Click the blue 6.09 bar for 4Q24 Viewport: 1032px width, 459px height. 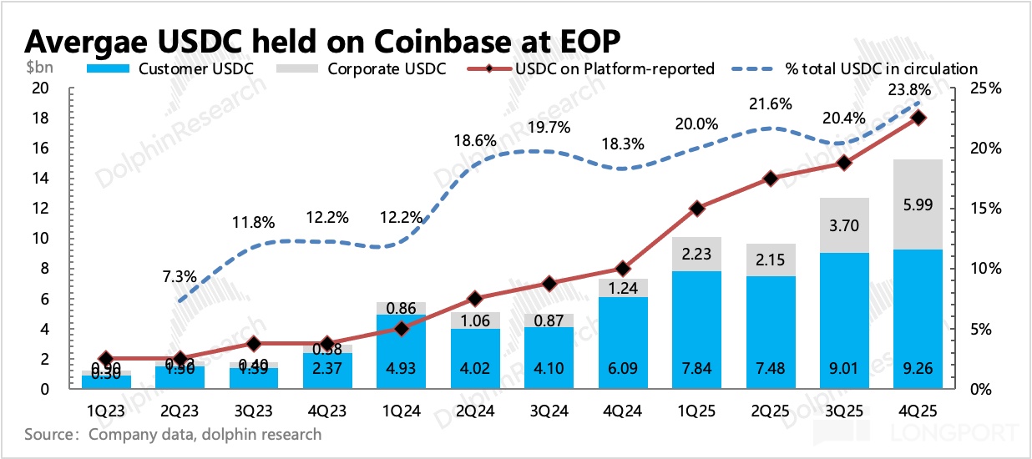click(622, 343)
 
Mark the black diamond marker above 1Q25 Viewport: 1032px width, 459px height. click(696, 209)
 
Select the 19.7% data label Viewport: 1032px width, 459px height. click(549, 127)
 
